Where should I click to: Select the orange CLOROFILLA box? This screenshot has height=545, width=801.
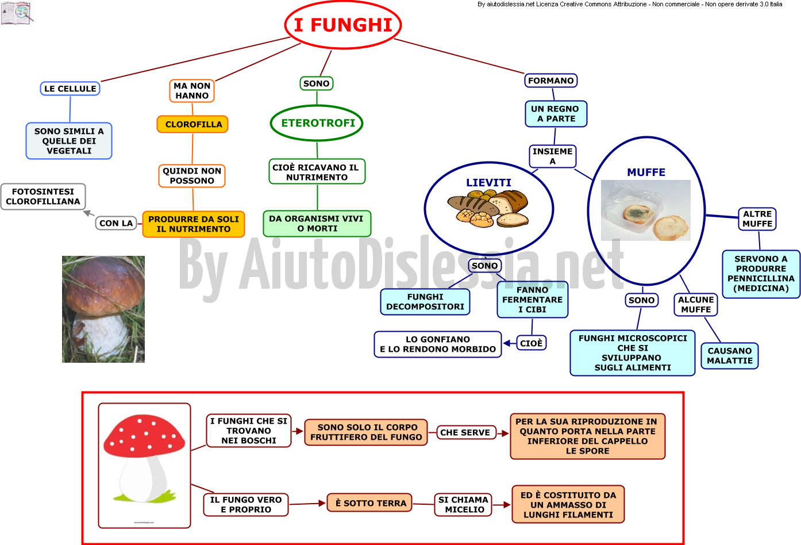[x=192, y=124]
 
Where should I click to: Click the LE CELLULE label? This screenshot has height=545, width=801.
[x=70, y=89]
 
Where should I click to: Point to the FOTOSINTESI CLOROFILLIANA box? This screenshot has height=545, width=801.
[x=43, y=197]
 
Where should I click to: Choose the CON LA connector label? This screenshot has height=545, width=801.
[x=116, y=223]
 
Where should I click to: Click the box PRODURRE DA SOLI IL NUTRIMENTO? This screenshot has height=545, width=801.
[x=194, y=224]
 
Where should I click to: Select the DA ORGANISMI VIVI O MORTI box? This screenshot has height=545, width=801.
[x=317, y=224]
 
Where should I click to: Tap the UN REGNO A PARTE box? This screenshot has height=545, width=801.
[x=556, y=114]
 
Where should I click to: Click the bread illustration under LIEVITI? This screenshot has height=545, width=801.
[x=488, y=208]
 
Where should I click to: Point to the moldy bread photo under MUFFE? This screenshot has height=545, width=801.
[x=645, y=210]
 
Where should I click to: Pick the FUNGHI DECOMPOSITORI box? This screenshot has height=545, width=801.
[x=425, y=302]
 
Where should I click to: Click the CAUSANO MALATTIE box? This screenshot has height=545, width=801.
[x=730, y=356]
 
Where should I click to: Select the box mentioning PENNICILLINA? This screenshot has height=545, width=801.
[x=761, y=274]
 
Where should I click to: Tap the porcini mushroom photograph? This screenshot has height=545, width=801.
[x=103, y=309]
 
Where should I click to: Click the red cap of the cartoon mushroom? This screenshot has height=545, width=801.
[x=144, y=436]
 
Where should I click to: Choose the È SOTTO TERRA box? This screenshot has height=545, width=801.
[x=369, y=503]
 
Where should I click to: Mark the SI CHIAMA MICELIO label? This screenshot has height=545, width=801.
[x=463, y=505]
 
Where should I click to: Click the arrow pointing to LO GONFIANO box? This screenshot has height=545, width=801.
[x=510, y=344]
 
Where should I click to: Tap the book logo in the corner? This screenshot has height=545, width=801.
[x=17, y=13]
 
